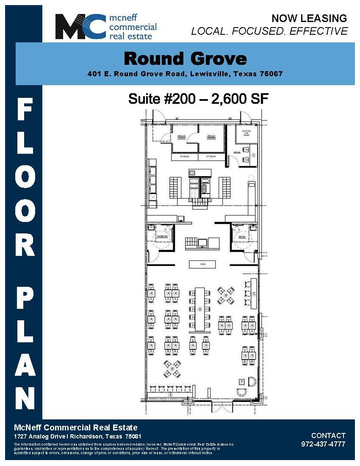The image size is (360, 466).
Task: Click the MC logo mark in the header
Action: click(x=80, y=27)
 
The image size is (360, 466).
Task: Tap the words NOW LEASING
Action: click(x=309, y=18)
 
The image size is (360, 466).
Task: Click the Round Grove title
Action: click(x=185, y=58)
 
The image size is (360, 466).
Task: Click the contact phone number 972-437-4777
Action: click(x=323, y=444)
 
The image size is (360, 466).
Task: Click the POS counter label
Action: click(x=202, y=264)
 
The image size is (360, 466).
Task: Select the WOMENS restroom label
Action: click(x=163, y=236)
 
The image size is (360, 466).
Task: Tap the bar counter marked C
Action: click(x=254, y=294)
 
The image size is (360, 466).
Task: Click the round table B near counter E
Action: click(x=172, y=369)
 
